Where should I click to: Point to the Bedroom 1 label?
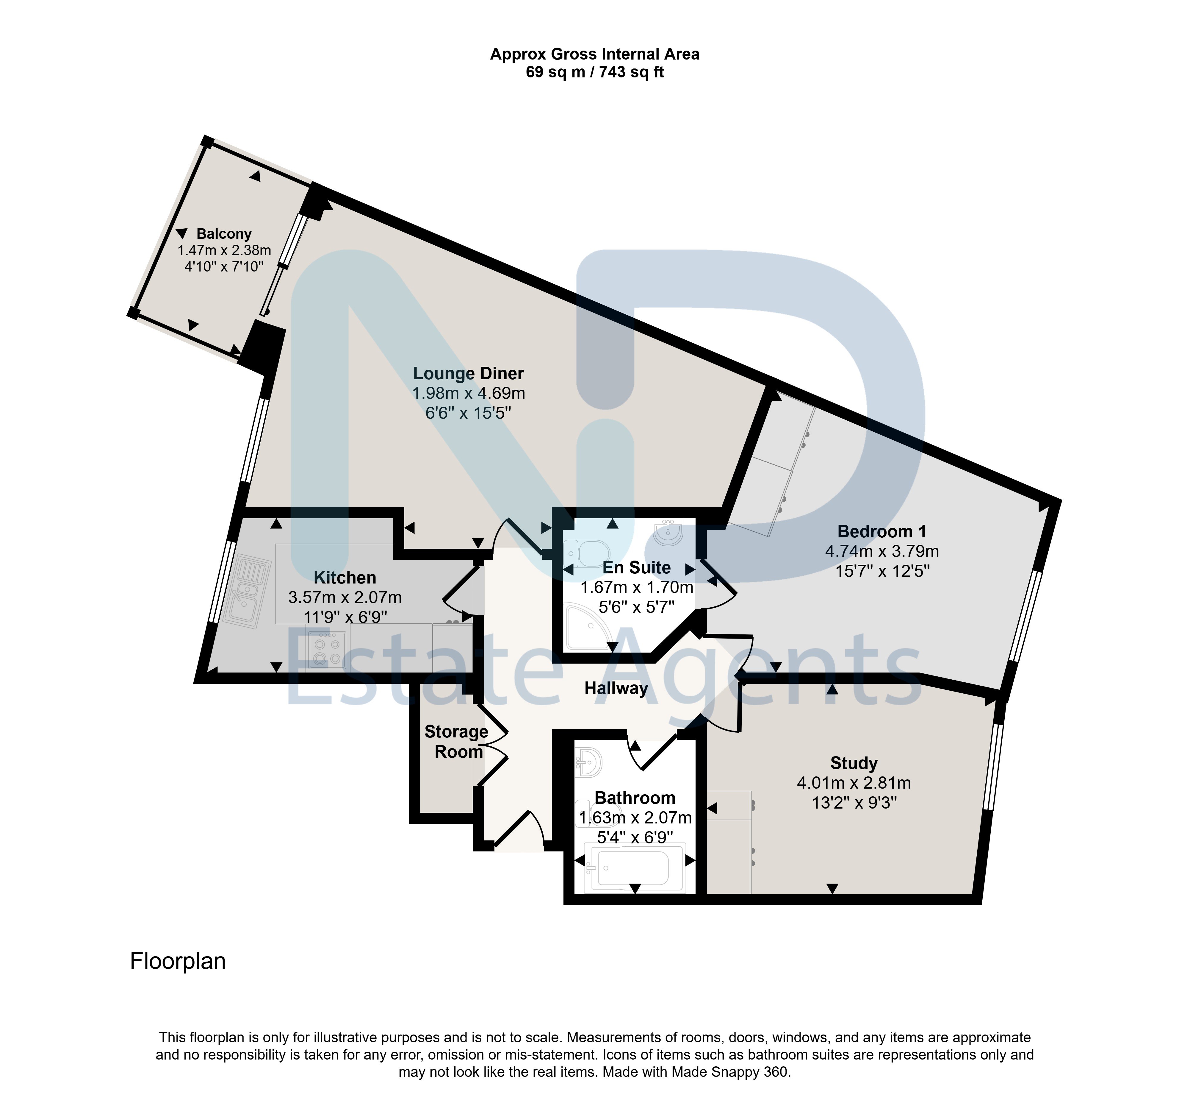tap(881, 531)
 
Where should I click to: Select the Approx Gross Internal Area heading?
tap(595, 54)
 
